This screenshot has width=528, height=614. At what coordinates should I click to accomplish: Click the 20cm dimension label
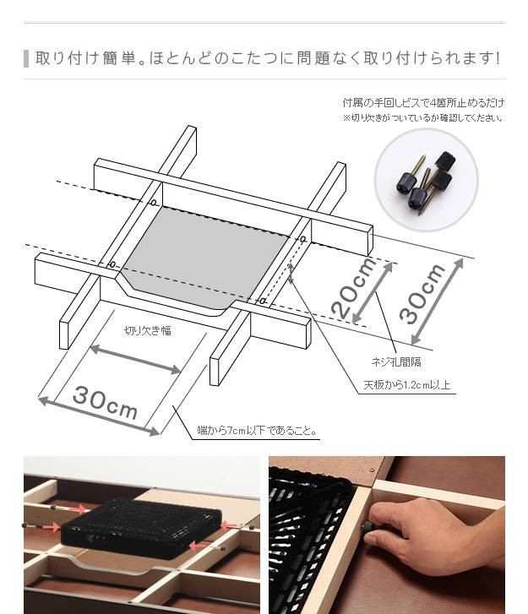pos(354,288)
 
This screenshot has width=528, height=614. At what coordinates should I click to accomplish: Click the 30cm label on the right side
pos(422,294)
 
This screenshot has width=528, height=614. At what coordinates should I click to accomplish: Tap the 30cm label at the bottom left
pos(105,402)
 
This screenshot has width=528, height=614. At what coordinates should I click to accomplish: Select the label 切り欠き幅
pos(148,331)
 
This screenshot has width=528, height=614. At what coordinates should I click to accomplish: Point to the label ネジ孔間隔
pos(396,361)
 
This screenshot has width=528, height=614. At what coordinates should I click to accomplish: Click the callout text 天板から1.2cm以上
pos(407,385)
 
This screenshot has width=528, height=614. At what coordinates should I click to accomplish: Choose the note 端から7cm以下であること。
pos(257,431)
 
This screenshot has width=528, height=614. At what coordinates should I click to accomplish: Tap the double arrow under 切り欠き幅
pos(135,359)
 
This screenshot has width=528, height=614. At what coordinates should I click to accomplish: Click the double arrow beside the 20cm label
pos(373,292)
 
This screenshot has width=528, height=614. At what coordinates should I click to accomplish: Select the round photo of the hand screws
pos(426,180)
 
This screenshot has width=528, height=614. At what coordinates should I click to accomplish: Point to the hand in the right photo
pos(435,530)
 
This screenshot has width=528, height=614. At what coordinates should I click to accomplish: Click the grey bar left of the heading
pos(26,59)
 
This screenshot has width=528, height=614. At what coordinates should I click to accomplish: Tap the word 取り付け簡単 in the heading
pos(85,58)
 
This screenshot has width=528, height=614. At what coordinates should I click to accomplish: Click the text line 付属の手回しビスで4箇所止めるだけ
pos(423,103)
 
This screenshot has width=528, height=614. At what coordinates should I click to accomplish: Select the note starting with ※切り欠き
pos(423,117)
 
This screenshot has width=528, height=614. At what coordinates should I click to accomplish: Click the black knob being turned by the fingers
pos(367,526)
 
